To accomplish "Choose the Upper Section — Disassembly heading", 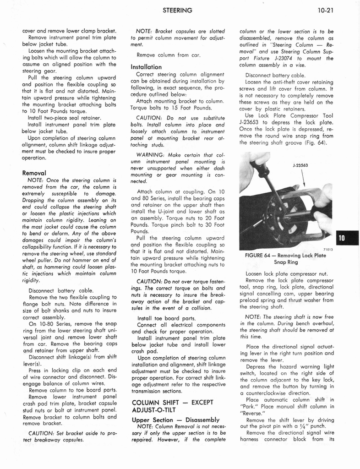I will [x=175, y=420].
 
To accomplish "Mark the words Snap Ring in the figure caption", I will [x=286, y=262].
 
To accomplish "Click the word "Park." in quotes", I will [x=250, y=407].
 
